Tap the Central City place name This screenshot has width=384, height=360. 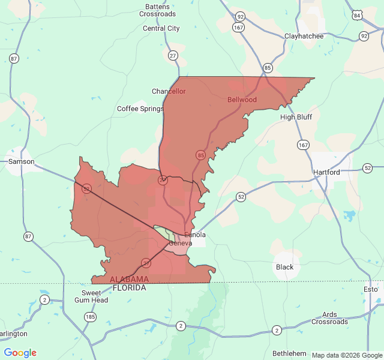click(161, 28)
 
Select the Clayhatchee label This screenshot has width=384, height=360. click(304, 36)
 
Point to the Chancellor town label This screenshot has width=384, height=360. click(169, 91)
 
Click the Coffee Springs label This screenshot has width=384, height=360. click(140, 109)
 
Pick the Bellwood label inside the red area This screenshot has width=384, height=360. click(242, 100)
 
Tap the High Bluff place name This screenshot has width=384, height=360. click(296, 117)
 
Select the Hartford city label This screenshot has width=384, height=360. click(326, 172)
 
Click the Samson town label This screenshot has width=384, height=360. click(21, 162)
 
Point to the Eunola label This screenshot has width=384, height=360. click(195, 235)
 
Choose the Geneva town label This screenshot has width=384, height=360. click(180, 243)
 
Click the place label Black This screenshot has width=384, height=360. click(284, 267)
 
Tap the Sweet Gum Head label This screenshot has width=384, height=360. click(95, 296)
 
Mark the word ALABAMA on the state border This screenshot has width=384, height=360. click(129, 280)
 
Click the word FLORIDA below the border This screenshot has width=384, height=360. click(128, 288)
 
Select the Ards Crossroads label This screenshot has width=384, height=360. click(329, 318)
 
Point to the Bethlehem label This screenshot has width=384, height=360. click(290, 353)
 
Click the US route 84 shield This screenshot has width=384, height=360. click(358, 14)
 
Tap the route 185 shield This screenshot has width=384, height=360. click(90, 316)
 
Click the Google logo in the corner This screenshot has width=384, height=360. click(20, 353)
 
